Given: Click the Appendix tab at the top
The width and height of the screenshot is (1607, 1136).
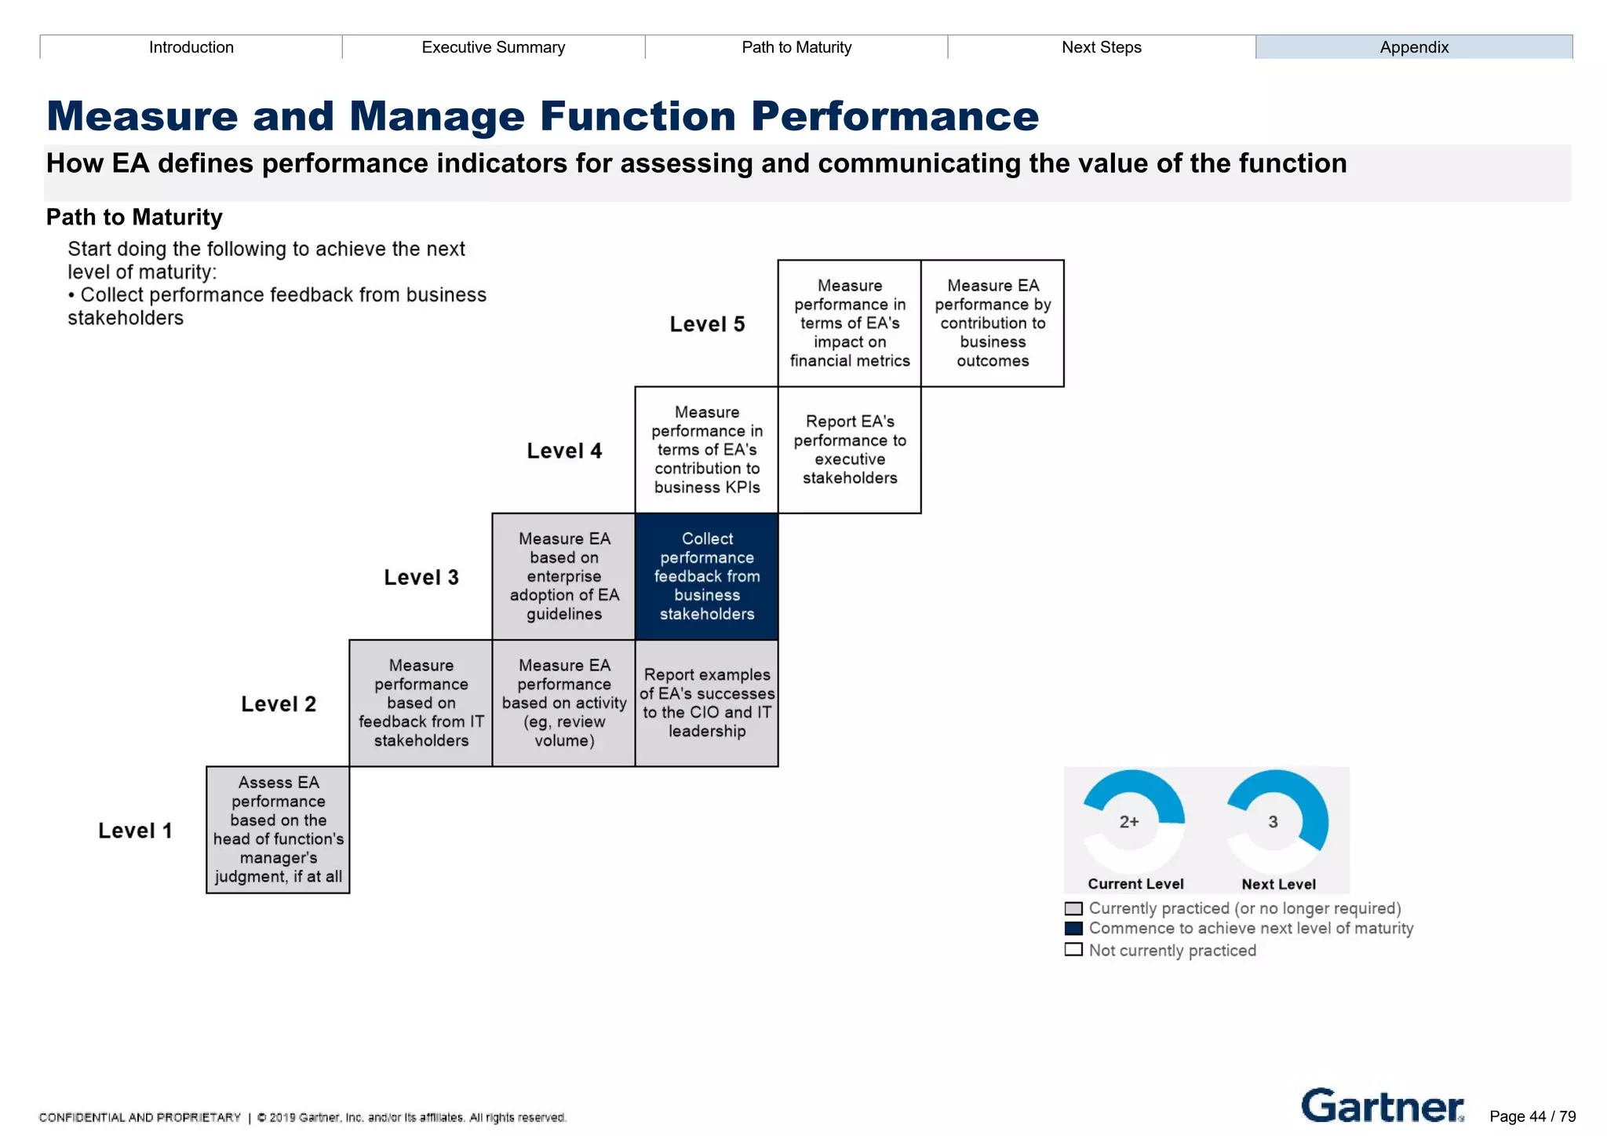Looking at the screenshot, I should [1413, 47].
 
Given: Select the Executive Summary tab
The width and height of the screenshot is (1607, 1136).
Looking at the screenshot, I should [493, 47].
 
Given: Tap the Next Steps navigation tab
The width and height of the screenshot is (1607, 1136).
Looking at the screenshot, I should [1101, 47].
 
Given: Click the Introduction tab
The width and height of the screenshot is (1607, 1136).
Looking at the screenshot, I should [191, 47].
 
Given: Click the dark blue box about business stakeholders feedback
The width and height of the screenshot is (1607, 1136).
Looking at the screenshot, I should [706, 576].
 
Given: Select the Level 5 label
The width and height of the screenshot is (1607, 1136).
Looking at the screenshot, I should [706, 324].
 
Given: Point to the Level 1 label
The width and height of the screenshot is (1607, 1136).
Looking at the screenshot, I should [135, 831].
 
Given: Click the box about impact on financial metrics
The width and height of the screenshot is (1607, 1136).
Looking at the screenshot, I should [849, 323].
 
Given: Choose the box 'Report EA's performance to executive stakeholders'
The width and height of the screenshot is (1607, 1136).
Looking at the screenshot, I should [849, 450].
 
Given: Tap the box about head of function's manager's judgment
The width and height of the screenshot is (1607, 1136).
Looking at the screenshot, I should [278, 830].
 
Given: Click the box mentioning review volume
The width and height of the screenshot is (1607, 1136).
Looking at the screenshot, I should [563, 703].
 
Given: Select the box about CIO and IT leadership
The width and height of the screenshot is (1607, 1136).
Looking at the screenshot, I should [706, 703].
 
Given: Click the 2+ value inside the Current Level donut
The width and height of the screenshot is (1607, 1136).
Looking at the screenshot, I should [1128, 822].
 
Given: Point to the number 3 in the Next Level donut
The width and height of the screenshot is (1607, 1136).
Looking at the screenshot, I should [1273, 822].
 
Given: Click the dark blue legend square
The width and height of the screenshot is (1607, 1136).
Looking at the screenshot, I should [1073, 929].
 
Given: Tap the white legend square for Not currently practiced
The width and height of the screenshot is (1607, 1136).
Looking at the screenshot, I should [1073, 950].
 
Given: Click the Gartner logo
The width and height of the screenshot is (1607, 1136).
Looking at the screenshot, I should [1382, 1106].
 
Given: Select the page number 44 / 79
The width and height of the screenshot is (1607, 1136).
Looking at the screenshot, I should [1532, 1116].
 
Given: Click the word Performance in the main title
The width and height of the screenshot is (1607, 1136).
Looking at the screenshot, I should [895, 116].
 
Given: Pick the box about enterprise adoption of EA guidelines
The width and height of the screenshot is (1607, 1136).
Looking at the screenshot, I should [563, 576].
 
